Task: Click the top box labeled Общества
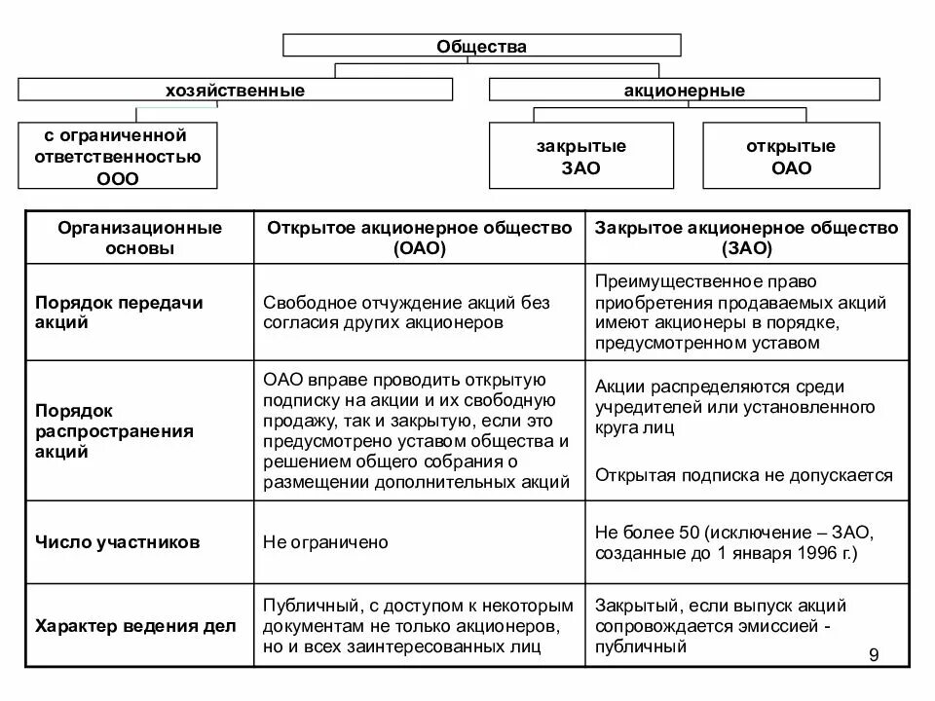(481, 45)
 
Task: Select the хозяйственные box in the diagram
(235, 90)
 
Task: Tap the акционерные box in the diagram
(684, 90)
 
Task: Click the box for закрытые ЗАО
(580, 156)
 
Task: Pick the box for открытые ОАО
(791, 156)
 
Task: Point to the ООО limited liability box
(118, 156)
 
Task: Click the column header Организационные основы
(139, 238)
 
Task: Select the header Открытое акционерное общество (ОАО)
(420, 238)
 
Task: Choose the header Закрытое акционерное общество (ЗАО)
(747, 238)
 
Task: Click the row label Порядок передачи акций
(119, 313)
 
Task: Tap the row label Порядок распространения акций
(116, 429)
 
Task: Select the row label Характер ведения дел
(135, 626)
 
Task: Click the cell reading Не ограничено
(325, 542)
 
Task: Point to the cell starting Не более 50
(739, 542)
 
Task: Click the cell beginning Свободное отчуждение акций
(406, 313)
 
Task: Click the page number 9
(873, 655)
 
